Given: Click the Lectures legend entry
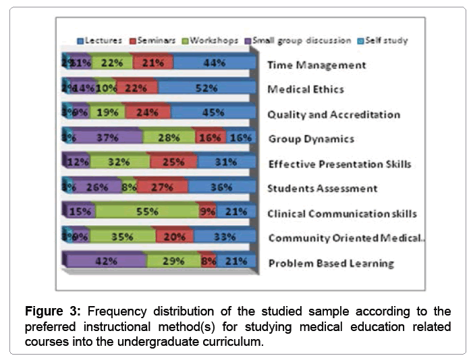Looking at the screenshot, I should pos(100,40).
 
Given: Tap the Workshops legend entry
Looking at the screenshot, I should pos(209,40).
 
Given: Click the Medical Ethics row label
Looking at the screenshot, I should pos(305,90).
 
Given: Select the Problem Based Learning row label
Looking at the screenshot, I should pos(331,262).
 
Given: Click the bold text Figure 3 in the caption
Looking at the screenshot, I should pos(51,314).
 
